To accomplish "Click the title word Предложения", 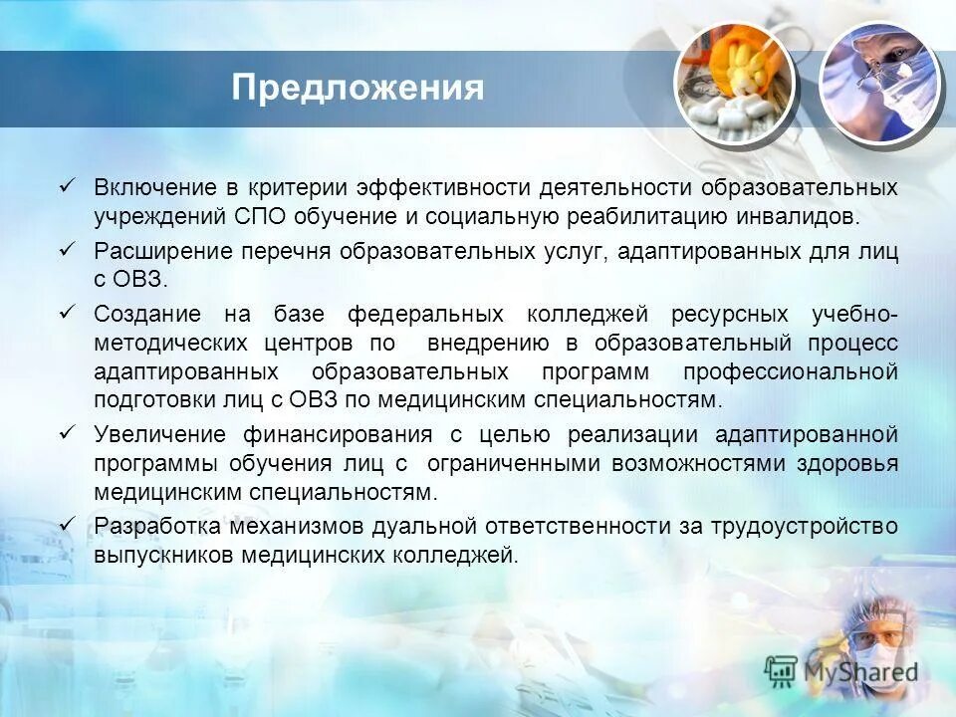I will tap(358, 88).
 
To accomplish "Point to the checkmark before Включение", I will tap(69, 185).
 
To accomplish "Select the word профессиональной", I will tap(791, 372).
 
